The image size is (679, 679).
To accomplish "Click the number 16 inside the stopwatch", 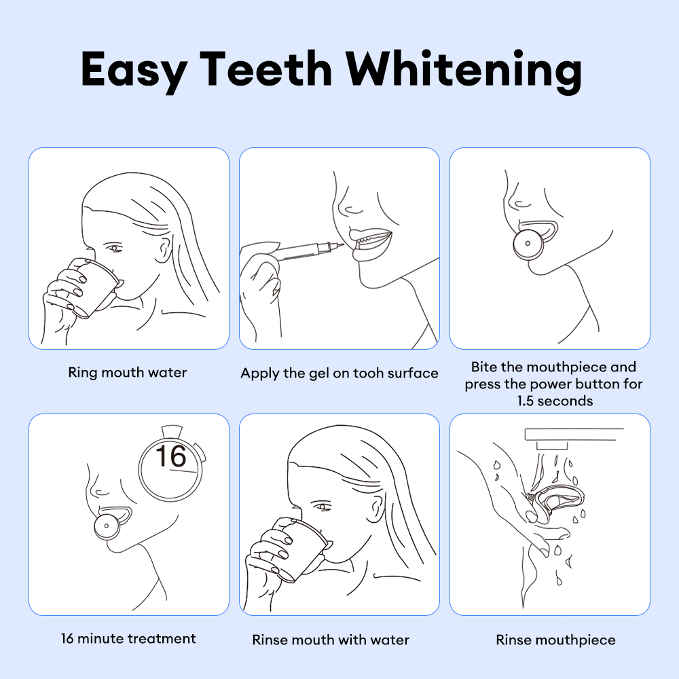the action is click(x=170, y=456).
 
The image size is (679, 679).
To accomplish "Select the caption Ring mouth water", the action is click(x=128, y=373).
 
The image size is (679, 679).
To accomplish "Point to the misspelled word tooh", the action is click(x=368, y=373).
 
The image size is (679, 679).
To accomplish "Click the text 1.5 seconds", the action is click(x=555, y=401).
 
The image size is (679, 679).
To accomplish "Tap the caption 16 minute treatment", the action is click(x=128, y=639).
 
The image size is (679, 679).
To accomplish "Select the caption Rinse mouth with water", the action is click(x=331, y=640).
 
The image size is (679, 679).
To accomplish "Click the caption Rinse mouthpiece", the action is click(x=555, y=640).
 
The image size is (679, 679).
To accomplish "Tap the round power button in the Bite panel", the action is click(x=527, y=244).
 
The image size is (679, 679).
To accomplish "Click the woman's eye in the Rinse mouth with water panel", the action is click(x=321, y=507).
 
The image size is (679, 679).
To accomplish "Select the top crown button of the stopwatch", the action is click(x=172, y=431).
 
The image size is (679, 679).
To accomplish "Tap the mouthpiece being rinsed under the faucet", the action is click(x=557, y=502).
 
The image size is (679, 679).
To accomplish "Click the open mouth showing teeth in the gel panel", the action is click(x=371, y=240).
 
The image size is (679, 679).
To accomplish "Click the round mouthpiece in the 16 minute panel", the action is click(x=107, y=526).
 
